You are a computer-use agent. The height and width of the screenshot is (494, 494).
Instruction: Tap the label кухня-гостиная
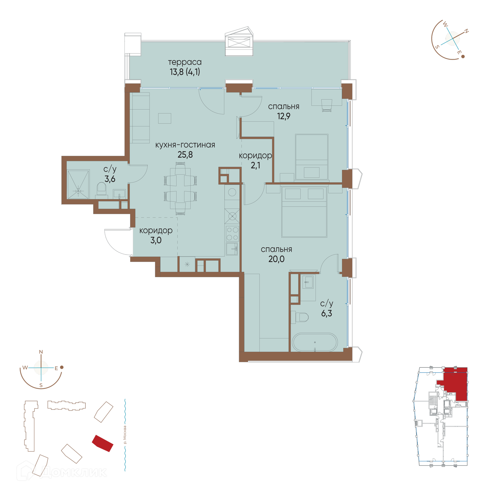(x=185, y=145)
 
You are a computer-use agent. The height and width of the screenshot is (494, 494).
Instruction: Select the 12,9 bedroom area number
(x=284, y=116)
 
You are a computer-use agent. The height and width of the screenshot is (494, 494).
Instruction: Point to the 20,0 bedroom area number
(x=276, y=259)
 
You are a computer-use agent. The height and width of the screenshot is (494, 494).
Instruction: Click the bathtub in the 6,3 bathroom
(x=314, y=342)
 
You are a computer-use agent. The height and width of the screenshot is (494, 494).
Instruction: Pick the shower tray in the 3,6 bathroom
(x=78, y=184)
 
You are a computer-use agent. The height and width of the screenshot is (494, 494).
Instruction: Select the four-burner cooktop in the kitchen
(x=232, y=233)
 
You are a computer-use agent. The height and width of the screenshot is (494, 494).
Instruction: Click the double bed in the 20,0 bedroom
(x=304, y=212)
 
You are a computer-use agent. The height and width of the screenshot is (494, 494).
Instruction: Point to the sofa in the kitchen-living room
(x=140, y=118)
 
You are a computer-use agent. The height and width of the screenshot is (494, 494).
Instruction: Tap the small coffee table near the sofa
(x=165, y=118)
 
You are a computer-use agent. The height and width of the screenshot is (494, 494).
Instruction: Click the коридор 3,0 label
(x=156, y=235)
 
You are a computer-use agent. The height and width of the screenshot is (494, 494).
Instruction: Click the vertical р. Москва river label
(x=125, y=435)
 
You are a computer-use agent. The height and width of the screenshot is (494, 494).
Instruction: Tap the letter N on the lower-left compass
(x=41, y=352)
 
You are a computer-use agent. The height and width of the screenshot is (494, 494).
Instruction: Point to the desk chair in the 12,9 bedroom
(x=327, y=105)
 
